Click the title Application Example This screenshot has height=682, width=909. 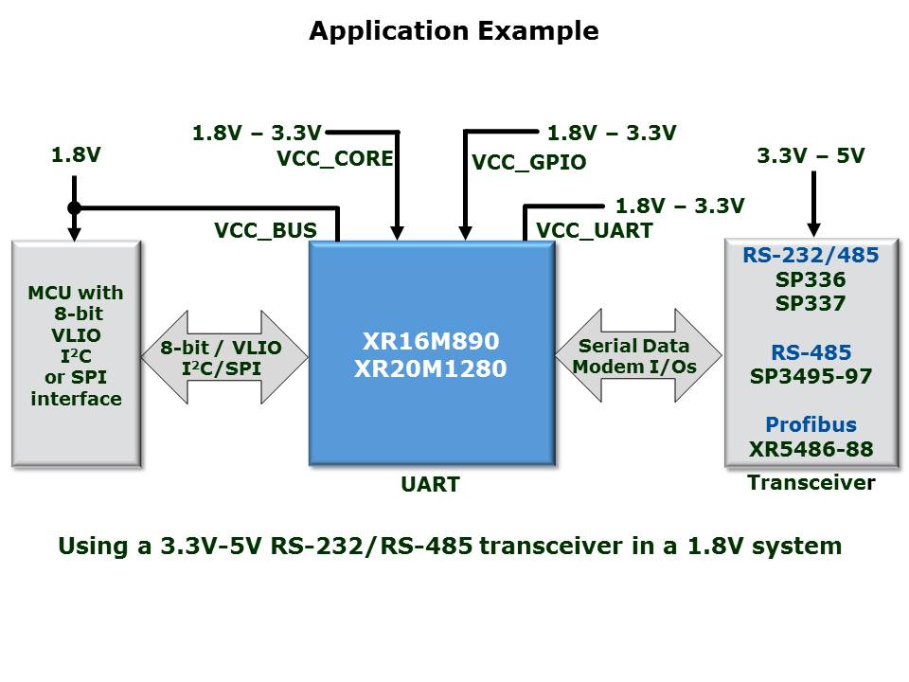click(454, 31)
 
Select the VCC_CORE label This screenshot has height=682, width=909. click(334, 158)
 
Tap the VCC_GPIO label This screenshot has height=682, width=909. click(528, 162)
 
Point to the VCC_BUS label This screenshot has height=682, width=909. click(265, 230)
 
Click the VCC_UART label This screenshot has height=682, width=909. click(594, 230)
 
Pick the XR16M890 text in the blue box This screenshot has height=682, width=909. click(431, 341)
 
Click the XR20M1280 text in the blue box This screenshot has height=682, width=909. click(431, 368)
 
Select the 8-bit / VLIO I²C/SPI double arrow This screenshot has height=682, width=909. click(225, 356)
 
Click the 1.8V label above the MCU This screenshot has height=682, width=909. click(76, 155)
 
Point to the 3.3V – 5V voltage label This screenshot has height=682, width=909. click(811, 156)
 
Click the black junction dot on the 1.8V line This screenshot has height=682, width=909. click(75, 207)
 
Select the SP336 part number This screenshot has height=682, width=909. click(810, 280)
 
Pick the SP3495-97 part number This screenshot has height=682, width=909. click(810, 376)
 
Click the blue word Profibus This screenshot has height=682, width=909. click(810, 424)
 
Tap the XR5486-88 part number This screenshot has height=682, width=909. click(810, 448)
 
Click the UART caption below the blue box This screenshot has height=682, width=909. click(430, 484)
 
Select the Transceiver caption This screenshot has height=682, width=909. click(811, 482)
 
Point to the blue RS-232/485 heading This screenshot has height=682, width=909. click(810, 256)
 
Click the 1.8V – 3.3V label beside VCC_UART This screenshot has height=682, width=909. click(680, 206)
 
